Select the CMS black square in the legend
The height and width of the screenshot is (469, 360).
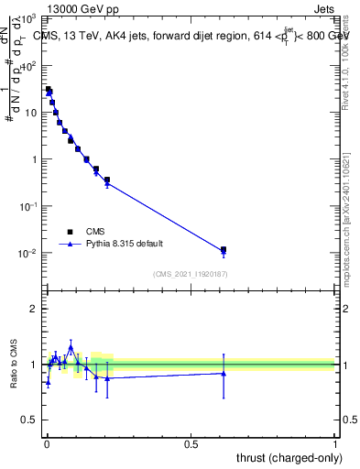[69, 232]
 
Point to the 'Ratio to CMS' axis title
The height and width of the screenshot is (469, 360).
[14, 364]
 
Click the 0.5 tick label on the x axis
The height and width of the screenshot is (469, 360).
[191, 444]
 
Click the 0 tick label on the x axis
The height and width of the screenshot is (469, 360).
[47, 444]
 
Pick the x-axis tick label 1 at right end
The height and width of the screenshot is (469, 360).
[335, 444]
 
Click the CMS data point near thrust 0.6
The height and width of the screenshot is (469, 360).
[224, 249]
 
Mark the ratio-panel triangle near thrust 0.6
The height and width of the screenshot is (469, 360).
[224, 373]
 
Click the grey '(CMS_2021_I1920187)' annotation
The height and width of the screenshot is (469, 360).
[190, 274]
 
